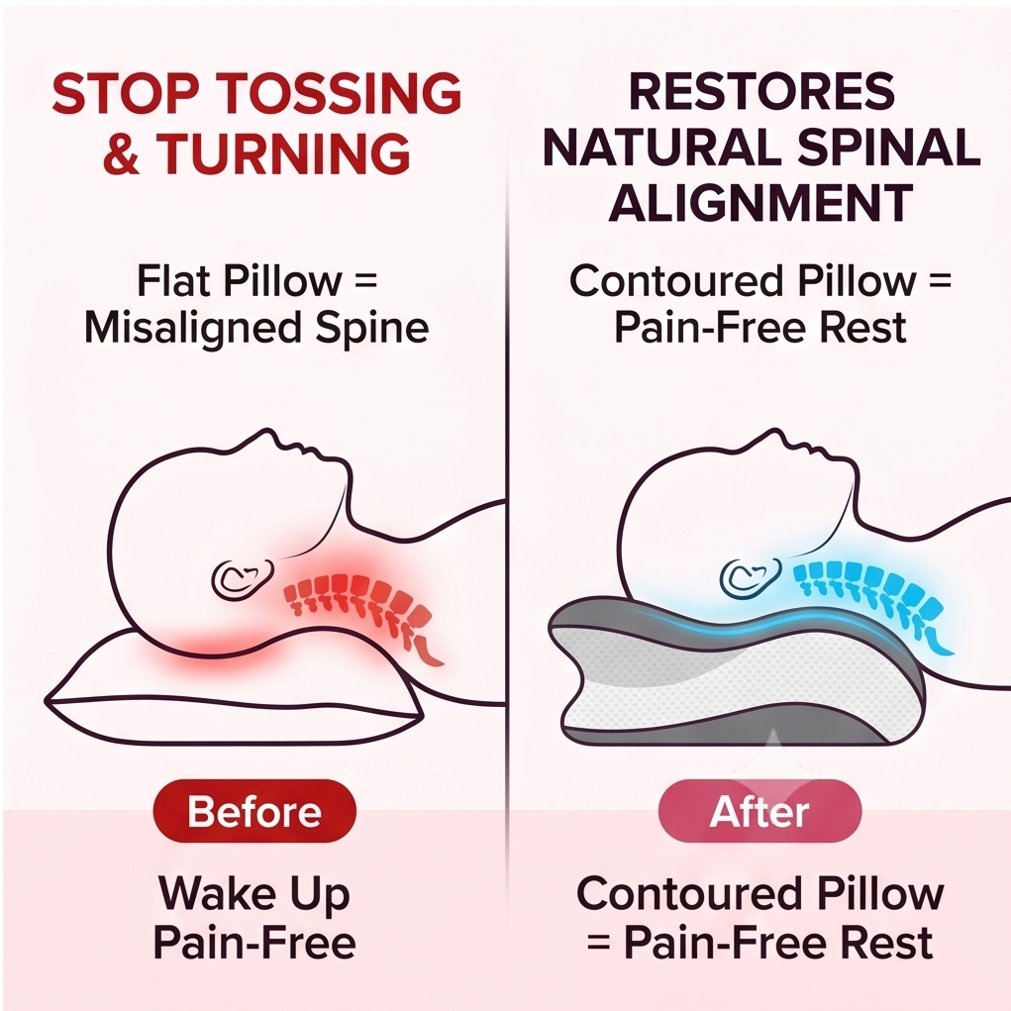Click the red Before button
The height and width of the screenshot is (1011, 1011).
click(x=254, y=810)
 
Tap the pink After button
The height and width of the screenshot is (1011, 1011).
click(x=759, y=810)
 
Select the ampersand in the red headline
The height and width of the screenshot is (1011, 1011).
click(x=121, y=152)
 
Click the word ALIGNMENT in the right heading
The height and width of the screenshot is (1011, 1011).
click(x=760, y=202)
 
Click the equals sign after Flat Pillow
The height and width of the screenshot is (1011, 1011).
click(x=365, y=281)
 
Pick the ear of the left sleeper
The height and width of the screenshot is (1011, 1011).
click(x=243, y=577)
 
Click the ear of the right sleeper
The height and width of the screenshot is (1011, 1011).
click(x=751, y=577)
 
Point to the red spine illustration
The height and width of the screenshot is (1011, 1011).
click(x=364, y=613)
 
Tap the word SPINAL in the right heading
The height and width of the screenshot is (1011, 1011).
click(x=889, y=148)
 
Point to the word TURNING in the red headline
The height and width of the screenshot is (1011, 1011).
click(x=283, y=152)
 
